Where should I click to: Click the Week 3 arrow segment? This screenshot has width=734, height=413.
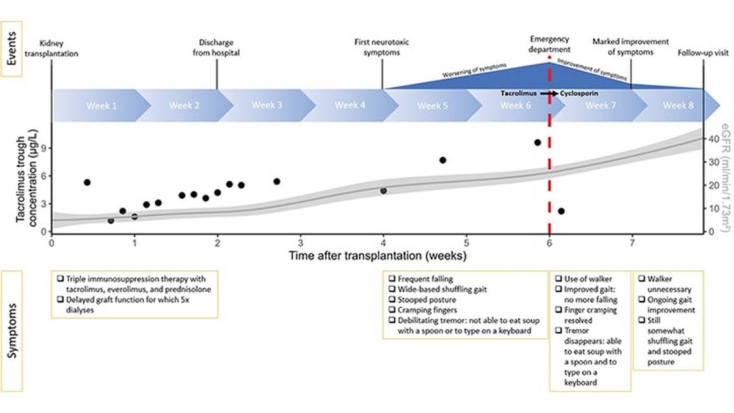pyautogui.click(x=266, y=105)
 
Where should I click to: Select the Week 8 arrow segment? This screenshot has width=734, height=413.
pyautogui.click(x=677, y=105)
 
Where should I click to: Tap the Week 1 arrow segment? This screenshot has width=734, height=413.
pyautogui.click(x=102, y=105)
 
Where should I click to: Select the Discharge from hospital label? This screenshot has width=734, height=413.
pyautogui.click(x=216, y=48)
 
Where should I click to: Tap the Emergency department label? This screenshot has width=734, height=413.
pyautogui.click(x=550, y=44)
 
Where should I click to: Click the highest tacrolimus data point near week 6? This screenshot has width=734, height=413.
pyautogui.click(x=537, y=143)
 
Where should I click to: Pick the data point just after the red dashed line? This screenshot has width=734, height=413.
pyautogui.click(x=561, y=211)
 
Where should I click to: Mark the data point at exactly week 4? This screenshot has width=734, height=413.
pyautogui.click(x=383, y=191)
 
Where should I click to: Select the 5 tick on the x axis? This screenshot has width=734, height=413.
pyautogui.click(x=466, y=243)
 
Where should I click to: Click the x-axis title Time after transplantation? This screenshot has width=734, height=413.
pyautogui.click(x=377, y=256)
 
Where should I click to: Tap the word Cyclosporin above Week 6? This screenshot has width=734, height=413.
pyautogui.click(x=579, y=94)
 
